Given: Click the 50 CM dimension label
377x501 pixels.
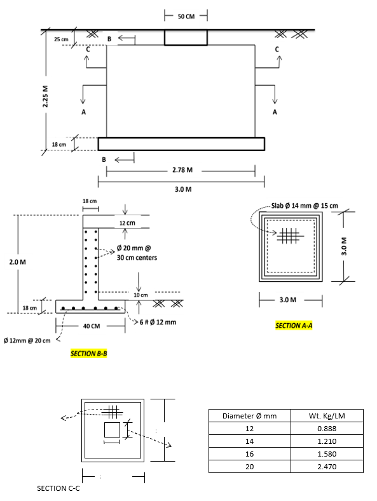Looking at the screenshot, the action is pos(186,17).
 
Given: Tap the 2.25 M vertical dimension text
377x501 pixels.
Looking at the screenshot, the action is pos(45,97).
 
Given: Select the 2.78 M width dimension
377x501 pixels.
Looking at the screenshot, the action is pos(182,170).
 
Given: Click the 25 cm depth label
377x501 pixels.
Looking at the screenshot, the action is pos(61,39).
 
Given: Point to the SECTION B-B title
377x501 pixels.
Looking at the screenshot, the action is pos(88,354).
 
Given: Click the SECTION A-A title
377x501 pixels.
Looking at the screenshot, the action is pos(294,326).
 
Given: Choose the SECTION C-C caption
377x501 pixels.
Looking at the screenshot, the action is pos(58,488).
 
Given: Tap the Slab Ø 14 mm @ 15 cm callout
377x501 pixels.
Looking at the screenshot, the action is pos(305,206).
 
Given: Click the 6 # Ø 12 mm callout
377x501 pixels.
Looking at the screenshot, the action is pos(158,322).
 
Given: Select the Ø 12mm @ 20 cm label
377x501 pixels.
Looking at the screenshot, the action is pos(27,340).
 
